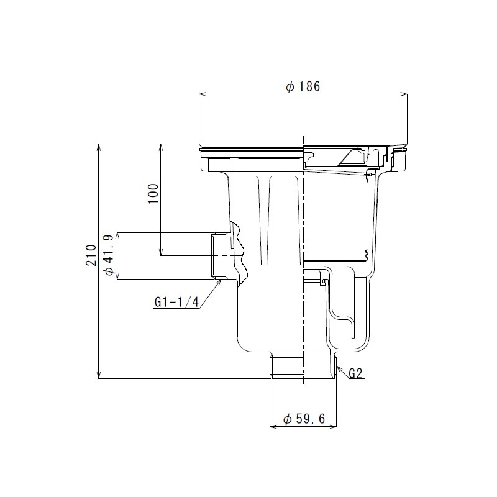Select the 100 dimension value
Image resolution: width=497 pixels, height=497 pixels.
tap(154, 194)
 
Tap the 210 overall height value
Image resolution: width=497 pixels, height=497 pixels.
tap(92, 255)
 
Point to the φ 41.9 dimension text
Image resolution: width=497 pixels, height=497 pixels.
tap(108, 255)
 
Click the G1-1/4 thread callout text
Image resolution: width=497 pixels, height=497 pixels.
tap(176, 303)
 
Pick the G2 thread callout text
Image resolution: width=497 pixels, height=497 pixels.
tap(355, 373)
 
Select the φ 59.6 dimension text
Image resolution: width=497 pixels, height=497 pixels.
tap(304, 419)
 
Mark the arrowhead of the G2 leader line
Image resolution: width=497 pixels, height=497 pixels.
tap(338, 368)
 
